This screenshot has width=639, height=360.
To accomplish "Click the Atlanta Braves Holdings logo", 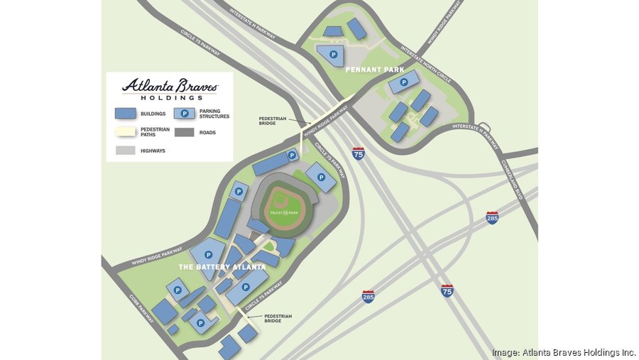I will pos(170,89).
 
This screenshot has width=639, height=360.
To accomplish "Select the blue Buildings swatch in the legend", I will pos(126,113).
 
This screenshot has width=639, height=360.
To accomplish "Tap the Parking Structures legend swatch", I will pos(185,113).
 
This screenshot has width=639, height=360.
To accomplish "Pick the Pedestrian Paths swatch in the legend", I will pos(126,132).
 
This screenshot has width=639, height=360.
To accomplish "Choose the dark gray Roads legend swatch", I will pos(185,132).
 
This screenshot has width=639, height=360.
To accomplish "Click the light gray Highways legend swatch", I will pos(126,151).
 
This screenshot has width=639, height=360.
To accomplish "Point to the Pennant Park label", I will pos(374,70).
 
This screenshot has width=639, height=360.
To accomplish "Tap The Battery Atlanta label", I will pos(222,267).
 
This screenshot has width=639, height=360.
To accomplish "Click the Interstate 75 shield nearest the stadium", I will pos(359,153).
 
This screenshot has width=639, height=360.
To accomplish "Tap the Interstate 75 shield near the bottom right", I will pos(447,290).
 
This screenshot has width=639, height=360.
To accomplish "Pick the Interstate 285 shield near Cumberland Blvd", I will pos(492,217).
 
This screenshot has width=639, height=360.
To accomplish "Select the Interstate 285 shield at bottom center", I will pos(368,296).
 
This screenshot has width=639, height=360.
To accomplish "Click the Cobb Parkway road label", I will pos(141,307).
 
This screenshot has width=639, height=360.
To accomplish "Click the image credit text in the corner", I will pos(564,352).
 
